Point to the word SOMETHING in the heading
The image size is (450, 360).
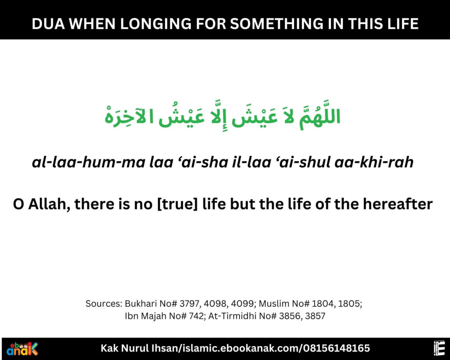coord(270,23)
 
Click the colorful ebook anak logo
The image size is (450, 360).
coord(22,349)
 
